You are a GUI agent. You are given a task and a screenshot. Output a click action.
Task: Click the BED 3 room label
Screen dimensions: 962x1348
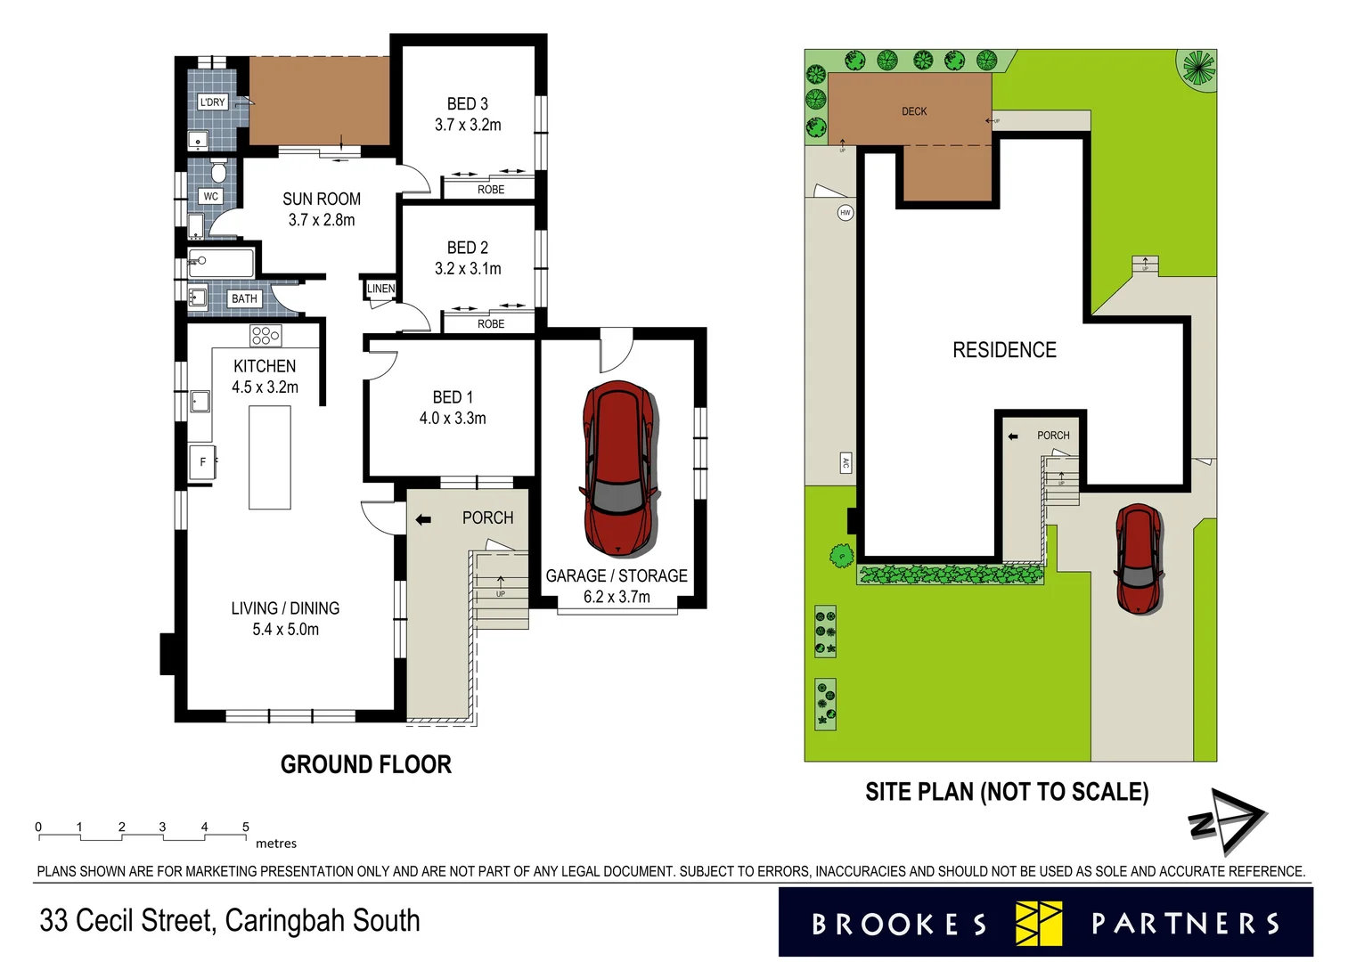[x=468, y=104]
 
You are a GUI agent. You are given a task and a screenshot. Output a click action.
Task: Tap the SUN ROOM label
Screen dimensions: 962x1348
[x=322, y=200]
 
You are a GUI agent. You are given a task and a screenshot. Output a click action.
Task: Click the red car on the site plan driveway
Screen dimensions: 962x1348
[x=1138, y=558]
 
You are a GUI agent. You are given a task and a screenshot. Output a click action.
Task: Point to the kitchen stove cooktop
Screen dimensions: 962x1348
[x=266, y=336]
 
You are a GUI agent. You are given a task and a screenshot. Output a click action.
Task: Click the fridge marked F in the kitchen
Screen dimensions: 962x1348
[x=202, y=461]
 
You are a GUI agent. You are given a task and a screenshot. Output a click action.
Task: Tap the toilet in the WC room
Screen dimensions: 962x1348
[x=218, y=171]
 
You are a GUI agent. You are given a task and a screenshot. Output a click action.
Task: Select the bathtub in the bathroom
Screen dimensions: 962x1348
[x=221, y=263]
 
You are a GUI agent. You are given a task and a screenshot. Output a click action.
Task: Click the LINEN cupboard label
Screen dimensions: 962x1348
[x=380, y=289]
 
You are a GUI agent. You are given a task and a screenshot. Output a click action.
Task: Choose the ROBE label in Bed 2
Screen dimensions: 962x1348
[x=491, y=324]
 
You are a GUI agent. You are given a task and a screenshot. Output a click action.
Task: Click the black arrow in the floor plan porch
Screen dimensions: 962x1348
[x=423, y=519]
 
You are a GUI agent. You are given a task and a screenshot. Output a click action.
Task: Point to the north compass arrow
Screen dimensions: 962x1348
[x=1228, y=819]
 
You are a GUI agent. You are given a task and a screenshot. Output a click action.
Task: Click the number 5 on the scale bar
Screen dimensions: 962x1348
[x=246, y=827]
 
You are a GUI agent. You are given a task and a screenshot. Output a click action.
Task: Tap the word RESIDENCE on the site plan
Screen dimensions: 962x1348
[x=1004, y=350]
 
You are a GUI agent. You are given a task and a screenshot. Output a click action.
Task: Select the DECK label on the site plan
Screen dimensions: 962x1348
[x=914, y=111]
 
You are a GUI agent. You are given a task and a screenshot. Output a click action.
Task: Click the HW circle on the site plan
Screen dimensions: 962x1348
[x=846, y=212]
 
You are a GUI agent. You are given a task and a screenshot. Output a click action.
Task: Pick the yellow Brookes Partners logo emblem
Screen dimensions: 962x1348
[x=1039, y=924]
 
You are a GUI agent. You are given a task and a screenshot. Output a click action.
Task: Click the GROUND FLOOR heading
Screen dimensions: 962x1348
[x=365, y=764]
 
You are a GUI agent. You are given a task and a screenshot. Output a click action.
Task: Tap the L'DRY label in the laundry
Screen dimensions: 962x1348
[x=212, y=102]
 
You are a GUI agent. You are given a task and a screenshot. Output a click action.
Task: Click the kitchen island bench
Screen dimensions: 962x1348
[x=270, y=457]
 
